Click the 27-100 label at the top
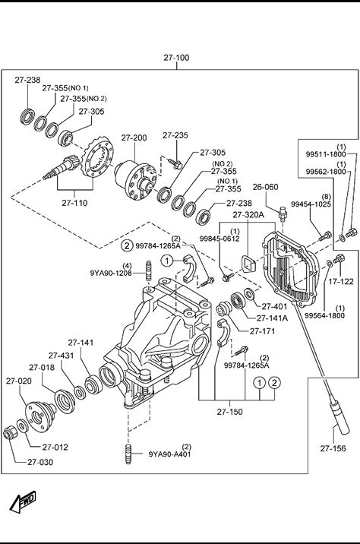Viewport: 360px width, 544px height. click(x=176, y=58)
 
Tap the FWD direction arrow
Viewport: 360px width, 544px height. click(x=23, y=501)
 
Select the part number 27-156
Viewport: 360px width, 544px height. click(x=333, y=448)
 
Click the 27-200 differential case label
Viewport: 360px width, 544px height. click(x=134, y=138)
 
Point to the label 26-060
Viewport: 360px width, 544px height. click(x=265, y=187)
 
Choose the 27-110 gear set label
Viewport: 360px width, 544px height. click(x=74, y=203)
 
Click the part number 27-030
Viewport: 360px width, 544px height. click(x=40, y=462)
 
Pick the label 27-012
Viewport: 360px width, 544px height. click(x=55, y=448)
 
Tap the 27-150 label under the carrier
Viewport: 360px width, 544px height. click(x=230, y=412)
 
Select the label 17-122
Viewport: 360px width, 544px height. click(x=341, y=282)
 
